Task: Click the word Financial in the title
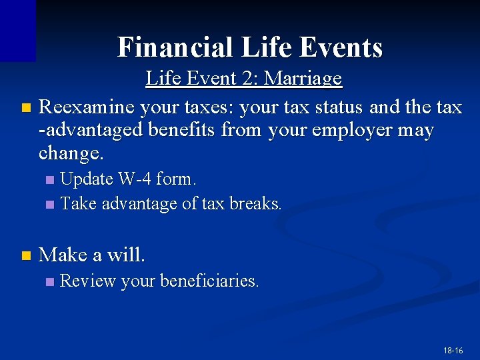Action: click(x=175, y=47)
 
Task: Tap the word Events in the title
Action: click(x=341, y=47)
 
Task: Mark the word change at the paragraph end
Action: click(x=70, y=154)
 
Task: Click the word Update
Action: click(x=87, y=179)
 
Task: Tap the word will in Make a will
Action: click(x=127, y=255)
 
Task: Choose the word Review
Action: click(x=89, y=281)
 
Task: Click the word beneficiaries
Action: click(x=210, y=281)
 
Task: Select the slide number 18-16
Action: click(x=453, y=350)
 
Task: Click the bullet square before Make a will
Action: click(x=26, y=255)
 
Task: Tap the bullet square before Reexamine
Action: click(x=26, y=107)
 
